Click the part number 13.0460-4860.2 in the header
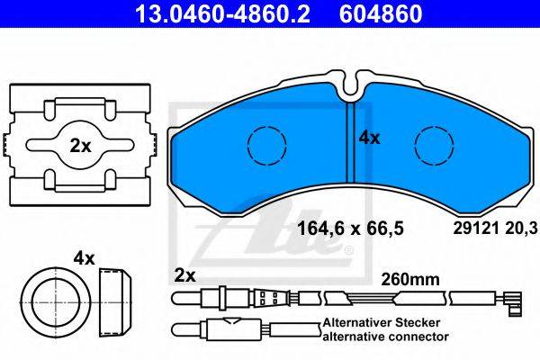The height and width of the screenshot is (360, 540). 223,13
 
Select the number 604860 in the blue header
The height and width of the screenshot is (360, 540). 381,13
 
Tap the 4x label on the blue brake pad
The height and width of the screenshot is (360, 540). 369,138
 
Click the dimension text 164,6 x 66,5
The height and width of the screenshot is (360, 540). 350,228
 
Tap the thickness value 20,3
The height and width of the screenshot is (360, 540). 521,228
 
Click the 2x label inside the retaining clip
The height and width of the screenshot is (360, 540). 80,146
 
